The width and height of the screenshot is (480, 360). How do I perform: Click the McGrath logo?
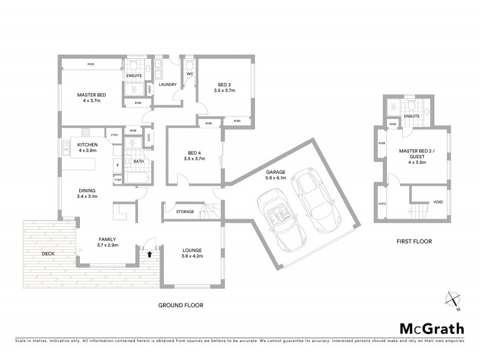[x=432, y=328]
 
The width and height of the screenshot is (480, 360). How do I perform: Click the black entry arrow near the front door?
[x=149, y=253]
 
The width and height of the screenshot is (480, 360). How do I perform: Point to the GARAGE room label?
[x=276, y=172]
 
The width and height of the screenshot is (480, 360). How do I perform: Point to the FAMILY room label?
[x=107, y=239]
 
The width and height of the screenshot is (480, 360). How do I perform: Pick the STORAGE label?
[x=185, y=211]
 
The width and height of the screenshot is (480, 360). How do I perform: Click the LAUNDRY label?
[x=167, y=85]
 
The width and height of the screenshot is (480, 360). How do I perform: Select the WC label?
[x=189, y=74]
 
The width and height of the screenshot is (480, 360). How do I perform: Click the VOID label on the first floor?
[x=438, y=202]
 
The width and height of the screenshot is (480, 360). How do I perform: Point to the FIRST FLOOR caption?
[x=414, y=242]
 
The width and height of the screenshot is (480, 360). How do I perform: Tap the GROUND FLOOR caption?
[x=181, y=305]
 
